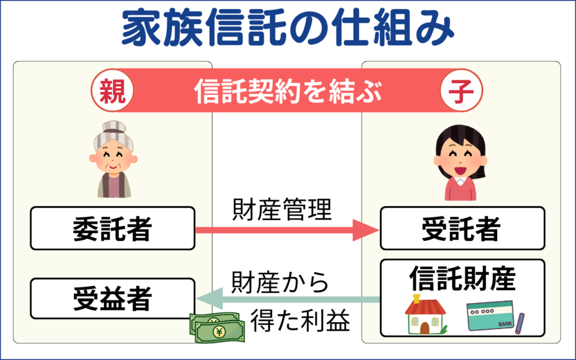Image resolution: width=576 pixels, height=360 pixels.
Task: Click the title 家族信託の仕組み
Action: pos(287,28)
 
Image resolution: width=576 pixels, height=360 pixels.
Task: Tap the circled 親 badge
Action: pos(112,91)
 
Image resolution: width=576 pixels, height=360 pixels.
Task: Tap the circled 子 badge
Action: pos(461,91)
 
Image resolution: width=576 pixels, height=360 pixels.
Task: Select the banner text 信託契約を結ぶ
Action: pos(288,91)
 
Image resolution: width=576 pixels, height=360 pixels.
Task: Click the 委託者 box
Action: pos(112,228)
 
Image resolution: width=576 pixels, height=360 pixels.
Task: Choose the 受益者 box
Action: pos(112,298)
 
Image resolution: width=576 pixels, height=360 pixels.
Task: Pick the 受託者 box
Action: pos(462,228)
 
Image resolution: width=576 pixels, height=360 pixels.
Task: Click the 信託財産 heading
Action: pos(462,278)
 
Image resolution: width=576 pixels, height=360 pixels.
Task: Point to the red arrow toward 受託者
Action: pos(287,230)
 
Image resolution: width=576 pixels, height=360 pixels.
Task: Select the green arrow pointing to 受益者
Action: pos(288,299)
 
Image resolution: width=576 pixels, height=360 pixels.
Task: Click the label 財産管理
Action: pos(282,210)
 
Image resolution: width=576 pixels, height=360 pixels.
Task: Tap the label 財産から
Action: pos(280,282)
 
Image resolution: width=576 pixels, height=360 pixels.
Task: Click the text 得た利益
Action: pos(300,320)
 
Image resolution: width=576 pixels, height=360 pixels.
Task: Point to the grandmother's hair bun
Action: pos(114,127)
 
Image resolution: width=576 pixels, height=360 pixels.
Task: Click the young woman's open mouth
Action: pos(460,170)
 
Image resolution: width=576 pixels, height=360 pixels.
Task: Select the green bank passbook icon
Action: pos(490,316)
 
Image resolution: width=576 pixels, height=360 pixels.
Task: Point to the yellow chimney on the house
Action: pos(416,299)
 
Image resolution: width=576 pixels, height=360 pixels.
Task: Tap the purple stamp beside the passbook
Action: pos(519,323)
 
